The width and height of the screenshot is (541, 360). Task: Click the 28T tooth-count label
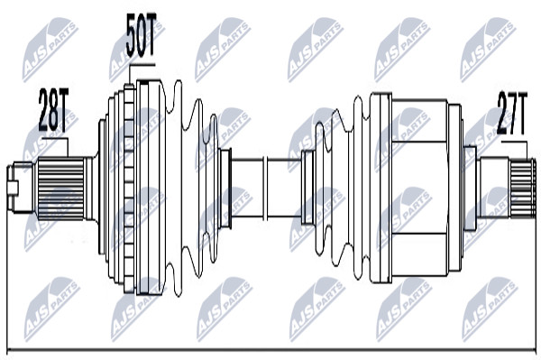(53, 110)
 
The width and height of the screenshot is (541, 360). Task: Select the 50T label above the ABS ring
(142, 35)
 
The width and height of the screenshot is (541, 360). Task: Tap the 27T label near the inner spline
(512, 113)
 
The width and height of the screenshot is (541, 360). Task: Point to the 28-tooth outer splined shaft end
(60, 188)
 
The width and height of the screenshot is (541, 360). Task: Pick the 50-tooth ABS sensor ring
(129, 188)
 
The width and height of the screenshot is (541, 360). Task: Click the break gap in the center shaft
(266, 188)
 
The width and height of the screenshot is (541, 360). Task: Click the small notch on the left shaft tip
(14, 188)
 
